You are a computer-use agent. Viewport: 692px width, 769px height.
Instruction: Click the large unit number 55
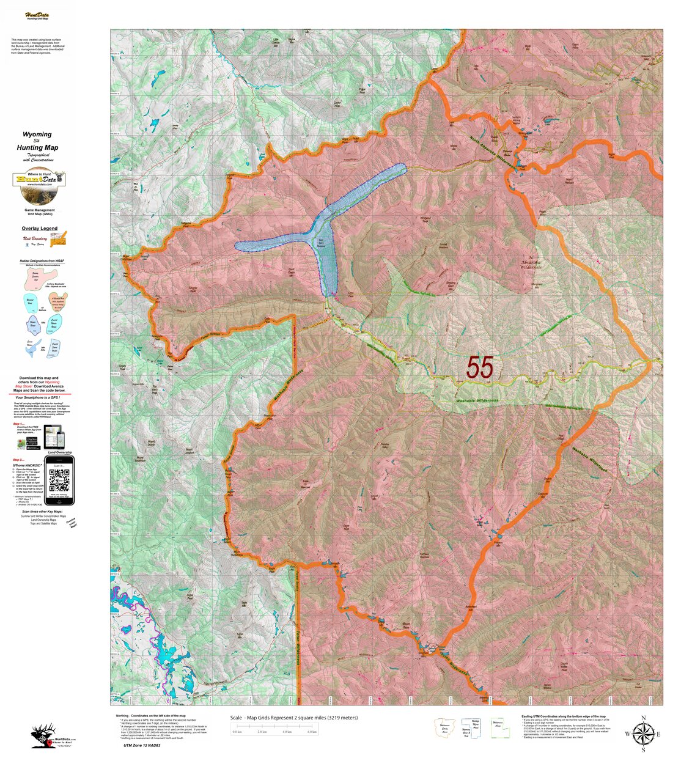pos(480,367)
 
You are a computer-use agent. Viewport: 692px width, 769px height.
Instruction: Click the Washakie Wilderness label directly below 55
pos(477,401)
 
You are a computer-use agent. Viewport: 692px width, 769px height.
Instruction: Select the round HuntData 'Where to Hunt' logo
pos(39,187)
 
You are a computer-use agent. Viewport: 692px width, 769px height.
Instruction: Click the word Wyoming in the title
pos(37,134)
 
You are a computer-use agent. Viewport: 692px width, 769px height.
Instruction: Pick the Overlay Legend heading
pos(40,229)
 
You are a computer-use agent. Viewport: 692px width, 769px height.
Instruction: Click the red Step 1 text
pos(18,424)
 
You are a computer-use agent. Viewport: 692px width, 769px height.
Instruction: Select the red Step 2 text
pos(18,460)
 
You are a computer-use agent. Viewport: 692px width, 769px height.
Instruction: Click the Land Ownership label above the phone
pos(59,452)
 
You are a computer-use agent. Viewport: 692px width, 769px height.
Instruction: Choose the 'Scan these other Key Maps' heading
pos(42,511)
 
